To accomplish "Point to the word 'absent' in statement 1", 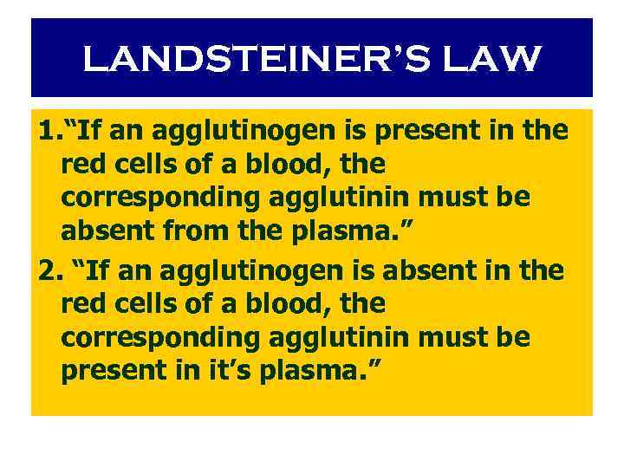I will (x=100, y=232).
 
